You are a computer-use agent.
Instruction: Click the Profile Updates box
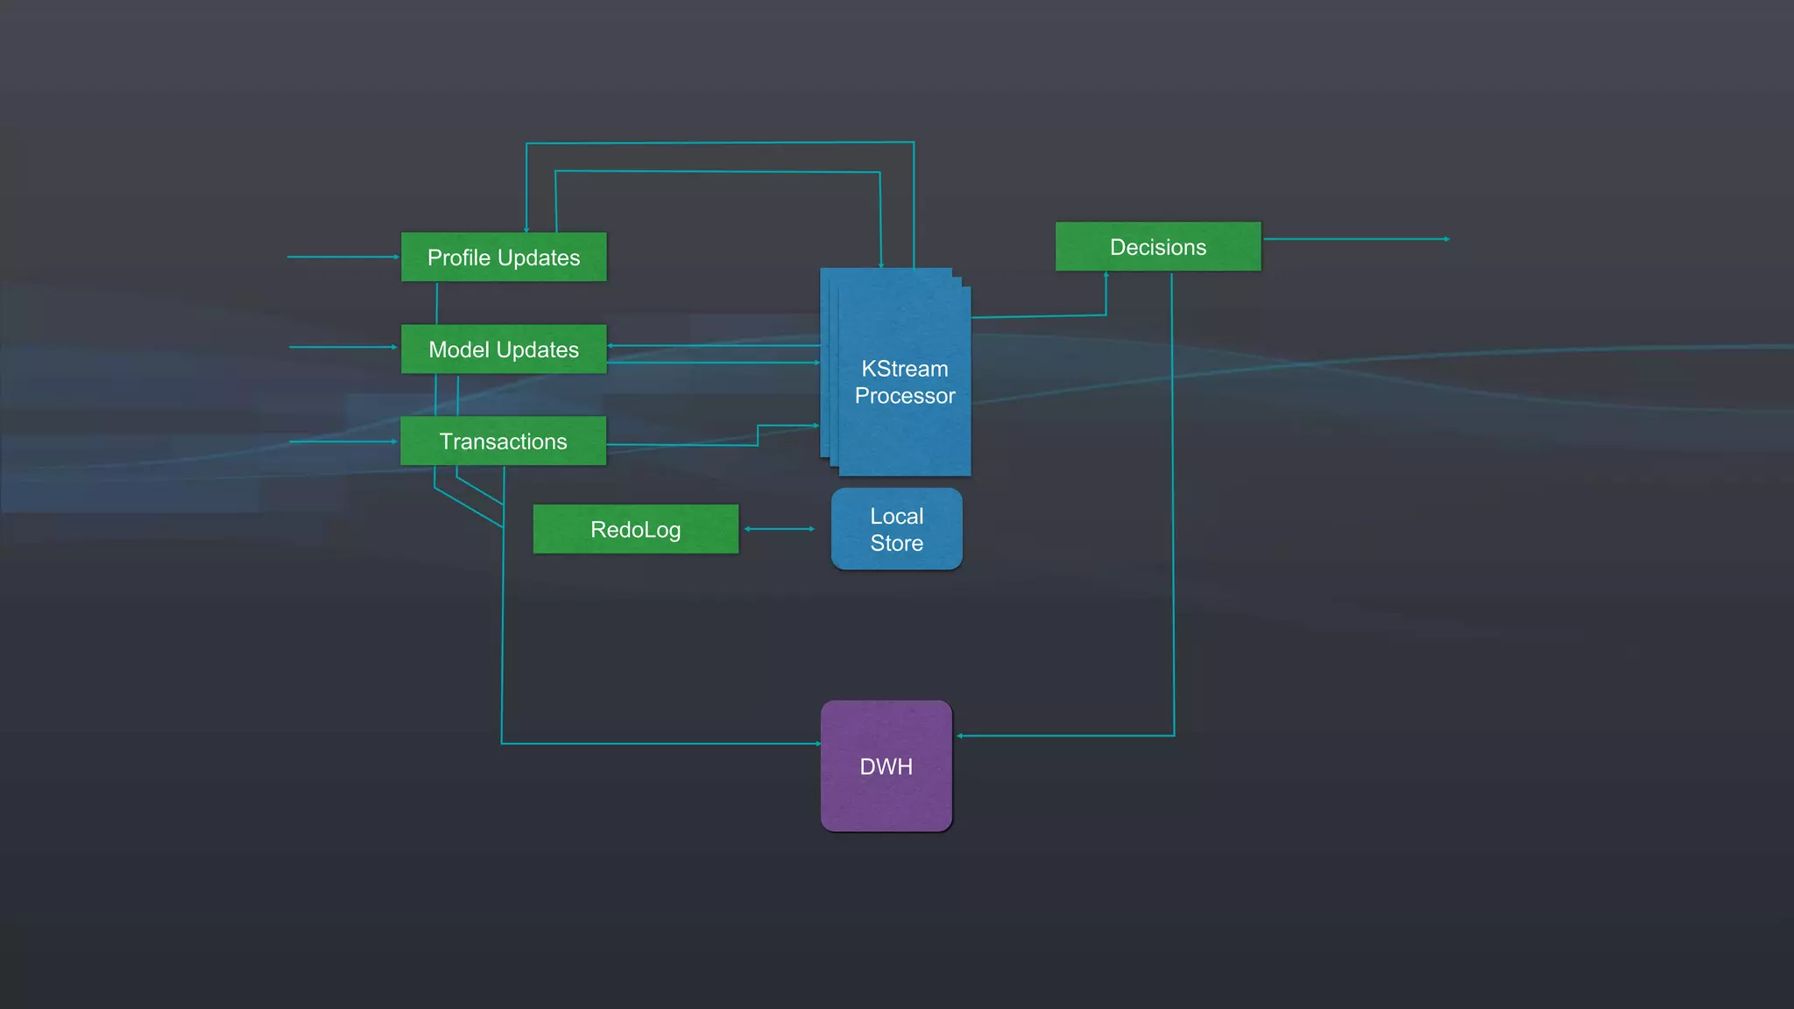(x=504, y=257)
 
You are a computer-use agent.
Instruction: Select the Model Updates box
(x=504, y=349)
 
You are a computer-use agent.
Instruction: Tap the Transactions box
(x=504, y=441)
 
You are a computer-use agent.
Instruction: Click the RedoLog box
(x=635, y=529)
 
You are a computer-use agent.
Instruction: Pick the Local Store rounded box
(x=896, y=529)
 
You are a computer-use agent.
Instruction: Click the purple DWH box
(x=886, y=766)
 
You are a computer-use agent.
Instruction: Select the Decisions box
(x=1157, y=246)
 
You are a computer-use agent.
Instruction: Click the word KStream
(x=904, y=369)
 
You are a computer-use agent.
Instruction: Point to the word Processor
(x=904, y=396)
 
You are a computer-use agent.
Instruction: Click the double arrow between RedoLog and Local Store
(x=779, y=529)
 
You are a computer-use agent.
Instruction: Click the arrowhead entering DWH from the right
(x=960, y=736)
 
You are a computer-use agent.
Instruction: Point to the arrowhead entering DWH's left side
(x=817, y=744)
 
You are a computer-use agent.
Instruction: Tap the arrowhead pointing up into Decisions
(x=1106, y=276)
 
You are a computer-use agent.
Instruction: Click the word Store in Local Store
(x=896, y=543)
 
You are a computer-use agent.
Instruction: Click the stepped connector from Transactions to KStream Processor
(x=758, y=435)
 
